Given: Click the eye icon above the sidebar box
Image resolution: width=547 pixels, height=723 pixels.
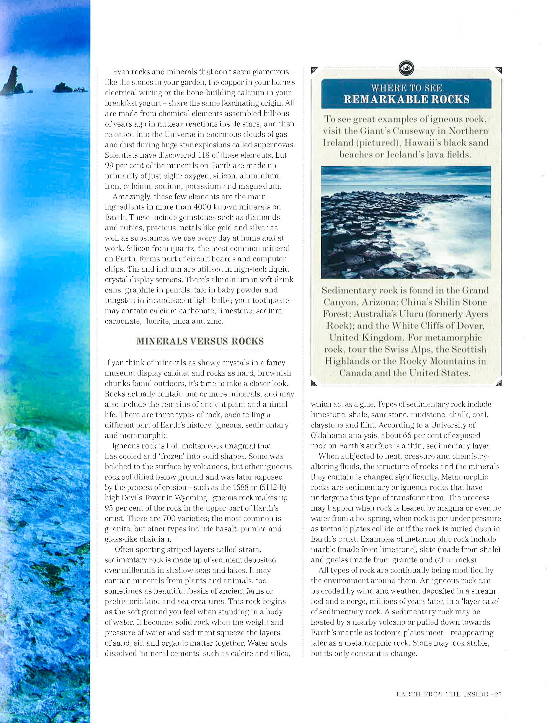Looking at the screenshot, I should point(407,68).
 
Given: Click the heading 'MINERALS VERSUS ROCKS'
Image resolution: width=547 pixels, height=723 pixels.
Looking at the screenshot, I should point(200,341).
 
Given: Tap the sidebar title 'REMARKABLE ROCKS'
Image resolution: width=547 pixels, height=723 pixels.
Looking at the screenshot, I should point(407,99).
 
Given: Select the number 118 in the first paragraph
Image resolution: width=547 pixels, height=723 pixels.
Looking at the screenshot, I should point(204,155).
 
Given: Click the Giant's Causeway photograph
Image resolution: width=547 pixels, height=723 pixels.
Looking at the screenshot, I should point(406,222).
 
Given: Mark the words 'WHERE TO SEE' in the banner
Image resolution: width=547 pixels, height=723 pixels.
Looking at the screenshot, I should point(407,88).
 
